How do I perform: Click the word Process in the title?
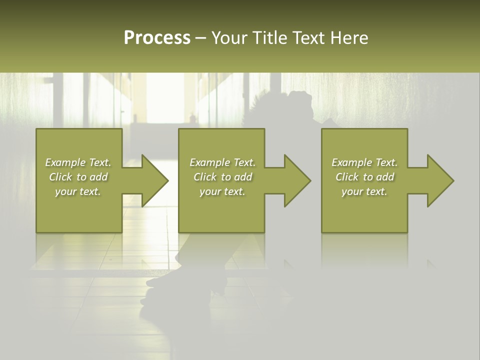click(x=157, y=37)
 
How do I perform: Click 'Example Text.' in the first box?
click(x=78, y=162)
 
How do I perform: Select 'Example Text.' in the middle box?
click(x=222, y=162)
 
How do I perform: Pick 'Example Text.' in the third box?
click(x=364, y=162)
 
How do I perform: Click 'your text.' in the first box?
click(x=78, y=191)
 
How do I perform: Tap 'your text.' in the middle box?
click(x=222, y=191)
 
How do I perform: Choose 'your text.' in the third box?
click(x=364, y=191)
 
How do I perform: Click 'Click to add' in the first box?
click(x=78, y=177)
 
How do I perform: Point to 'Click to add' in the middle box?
click(x=222, y=177)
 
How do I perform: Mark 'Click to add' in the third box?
click(x=364, y=177)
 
